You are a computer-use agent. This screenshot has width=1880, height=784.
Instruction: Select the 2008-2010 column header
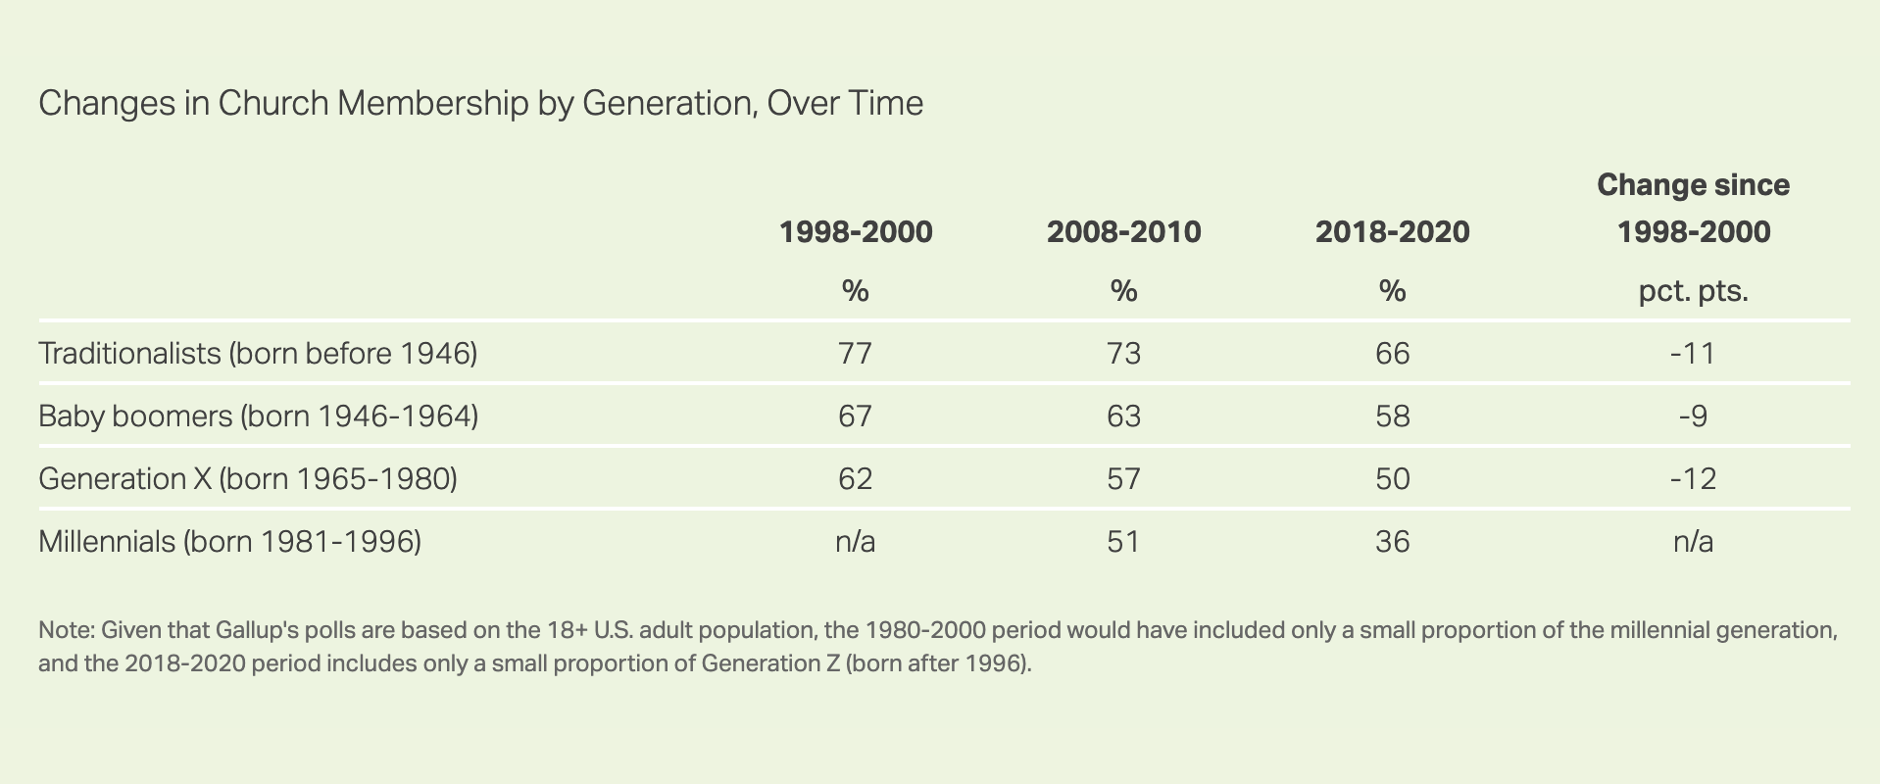(x=1123, y=232)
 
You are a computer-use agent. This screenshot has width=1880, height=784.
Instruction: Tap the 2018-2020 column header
(x=1392, y=232)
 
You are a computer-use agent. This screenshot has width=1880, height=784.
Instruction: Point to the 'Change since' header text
(x=1693, y=185)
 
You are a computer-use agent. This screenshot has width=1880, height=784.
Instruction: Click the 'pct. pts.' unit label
(x=1693, y=291)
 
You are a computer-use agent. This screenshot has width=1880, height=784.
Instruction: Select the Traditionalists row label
(x=258, y=353)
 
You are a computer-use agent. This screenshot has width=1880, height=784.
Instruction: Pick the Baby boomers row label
(x=258, y=416)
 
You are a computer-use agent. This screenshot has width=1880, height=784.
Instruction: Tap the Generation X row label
(x=248, y=478)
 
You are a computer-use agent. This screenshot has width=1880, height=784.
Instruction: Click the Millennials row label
(x=229, y=541)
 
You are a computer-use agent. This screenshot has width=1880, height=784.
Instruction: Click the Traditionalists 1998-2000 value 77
(x=855, y=353)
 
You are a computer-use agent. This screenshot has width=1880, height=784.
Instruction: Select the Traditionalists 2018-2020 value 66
(x=1392, y=353)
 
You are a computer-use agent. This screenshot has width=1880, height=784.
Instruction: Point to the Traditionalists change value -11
(x=1693, y=353)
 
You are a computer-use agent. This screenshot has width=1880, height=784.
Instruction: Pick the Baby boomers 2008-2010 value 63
(x=1123, y=416)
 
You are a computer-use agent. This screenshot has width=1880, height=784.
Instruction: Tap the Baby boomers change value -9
(x=1693, y=416)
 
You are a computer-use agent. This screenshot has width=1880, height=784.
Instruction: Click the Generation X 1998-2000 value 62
(x=855, y=478)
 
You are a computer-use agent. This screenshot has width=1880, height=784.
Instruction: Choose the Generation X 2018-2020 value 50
(x=1392, y=478)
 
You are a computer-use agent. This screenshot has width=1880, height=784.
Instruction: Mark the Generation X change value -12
(x=1693, y=478)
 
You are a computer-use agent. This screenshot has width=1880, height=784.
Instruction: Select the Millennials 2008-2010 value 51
(x=1123, y=541)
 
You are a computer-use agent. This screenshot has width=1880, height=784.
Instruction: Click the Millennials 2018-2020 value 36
(x=1392, y=541)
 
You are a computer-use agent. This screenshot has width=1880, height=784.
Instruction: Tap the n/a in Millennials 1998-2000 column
(x=855, y=541)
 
